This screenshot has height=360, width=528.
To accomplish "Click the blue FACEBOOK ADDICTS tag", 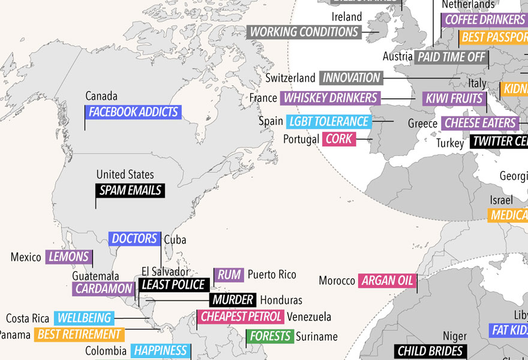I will [x=133, y=112].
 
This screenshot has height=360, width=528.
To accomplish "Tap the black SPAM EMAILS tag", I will [x=130, y=191].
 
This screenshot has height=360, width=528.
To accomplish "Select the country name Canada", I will [x=101, y=96].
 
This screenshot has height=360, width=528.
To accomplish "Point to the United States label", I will [x=125, y=175].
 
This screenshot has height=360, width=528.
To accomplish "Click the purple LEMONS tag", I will [x=69, y=257].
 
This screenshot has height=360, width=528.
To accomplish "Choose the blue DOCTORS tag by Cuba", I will [x=134, y=239].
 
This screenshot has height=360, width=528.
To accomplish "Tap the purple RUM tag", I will [x=229, y=275].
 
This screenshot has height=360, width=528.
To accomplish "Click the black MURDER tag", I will [x=233, y=299].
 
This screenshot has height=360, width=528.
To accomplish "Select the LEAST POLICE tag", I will [x=173, y=285].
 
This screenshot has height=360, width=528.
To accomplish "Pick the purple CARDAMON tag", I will [x=103, y=289].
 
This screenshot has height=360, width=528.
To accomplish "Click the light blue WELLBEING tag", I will [x=84, y=318].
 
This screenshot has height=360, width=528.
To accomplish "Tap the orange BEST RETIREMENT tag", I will [x=79, y=334].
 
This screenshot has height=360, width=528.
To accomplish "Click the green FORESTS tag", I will [x=270, y=337].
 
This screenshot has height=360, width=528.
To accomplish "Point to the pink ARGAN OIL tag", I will [x=387, y=281].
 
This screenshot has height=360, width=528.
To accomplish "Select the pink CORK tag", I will [x=339, y=139].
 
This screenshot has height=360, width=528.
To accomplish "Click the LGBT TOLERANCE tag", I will [x=328, y=122].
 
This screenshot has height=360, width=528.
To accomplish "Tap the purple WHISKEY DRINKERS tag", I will [x=331, y=98].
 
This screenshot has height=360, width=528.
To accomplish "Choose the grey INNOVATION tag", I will [x=351, y=78].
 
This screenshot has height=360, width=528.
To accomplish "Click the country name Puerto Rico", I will [x=272, y=275].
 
